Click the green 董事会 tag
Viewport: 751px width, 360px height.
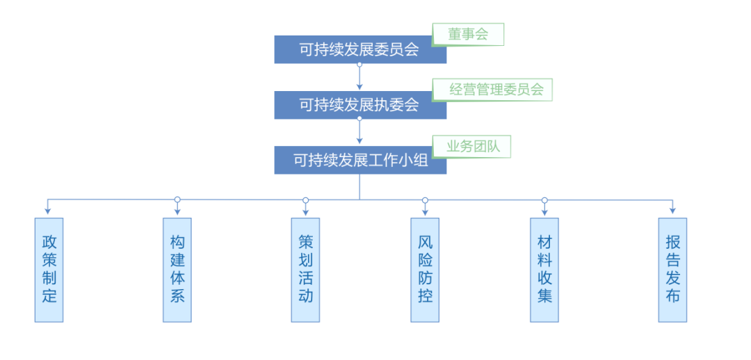pos(468,34)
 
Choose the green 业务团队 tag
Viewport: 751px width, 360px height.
pos(471,146)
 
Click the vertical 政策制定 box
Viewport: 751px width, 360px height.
pos(49,269)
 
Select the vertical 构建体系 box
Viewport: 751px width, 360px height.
pos(177,269)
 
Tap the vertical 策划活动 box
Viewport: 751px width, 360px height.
pos(305,269)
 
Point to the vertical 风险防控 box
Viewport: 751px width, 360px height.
pos(425,269)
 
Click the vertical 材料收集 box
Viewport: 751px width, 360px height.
pos(544,269)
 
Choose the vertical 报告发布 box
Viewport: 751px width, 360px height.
pos(672,269)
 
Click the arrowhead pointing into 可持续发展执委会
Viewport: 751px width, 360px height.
pos(360,87)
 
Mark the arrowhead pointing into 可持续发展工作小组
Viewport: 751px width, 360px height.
pos(360,142)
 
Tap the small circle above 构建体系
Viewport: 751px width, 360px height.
pos(177,199)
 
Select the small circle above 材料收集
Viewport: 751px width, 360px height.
pos(544,199)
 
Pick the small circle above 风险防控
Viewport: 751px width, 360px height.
pos(425,199)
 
